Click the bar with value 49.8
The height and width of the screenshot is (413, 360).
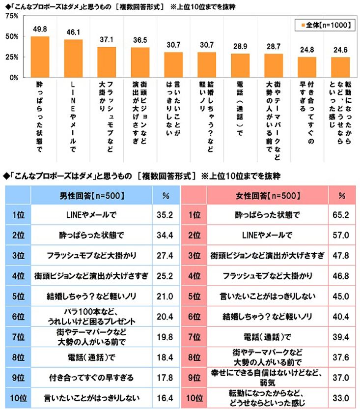tap(40, 57)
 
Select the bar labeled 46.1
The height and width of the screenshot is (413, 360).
tap(73, 58)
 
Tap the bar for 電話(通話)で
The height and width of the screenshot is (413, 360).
tap(240, 65)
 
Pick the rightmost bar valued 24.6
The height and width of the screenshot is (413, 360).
tap(340, 67)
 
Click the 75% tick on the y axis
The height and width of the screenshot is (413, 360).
tap(12, 16)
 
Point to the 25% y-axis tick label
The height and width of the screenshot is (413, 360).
tap(12, 57)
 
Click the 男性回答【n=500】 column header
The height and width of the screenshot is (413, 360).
tap(91, 195)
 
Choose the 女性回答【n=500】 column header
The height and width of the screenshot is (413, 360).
tap(268, 195)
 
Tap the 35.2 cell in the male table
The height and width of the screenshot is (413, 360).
tap(166, 214)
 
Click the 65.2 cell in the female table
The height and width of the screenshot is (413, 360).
tap(342, 214)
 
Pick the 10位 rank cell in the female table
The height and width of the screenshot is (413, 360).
tap(194, 397)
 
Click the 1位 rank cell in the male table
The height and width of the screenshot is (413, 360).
tap(18, 214)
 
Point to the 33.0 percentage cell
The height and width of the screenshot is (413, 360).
tap(342, 397)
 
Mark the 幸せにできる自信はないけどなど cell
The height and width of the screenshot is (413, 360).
tap(268, 377)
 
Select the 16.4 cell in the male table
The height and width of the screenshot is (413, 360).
tap(166, 398)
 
